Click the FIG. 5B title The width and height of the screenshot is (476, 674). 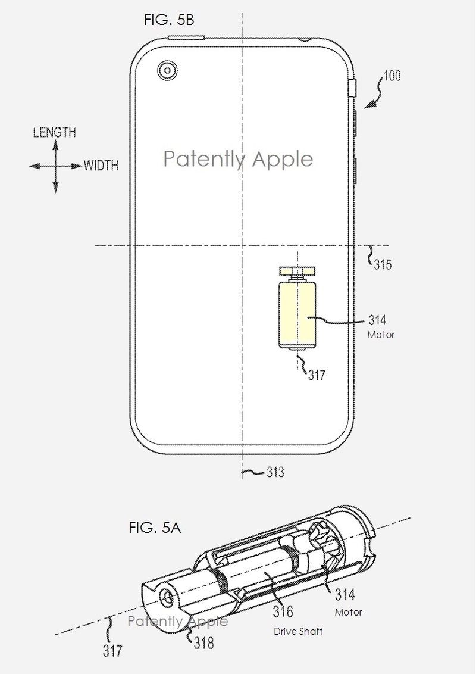(x=169, y=20)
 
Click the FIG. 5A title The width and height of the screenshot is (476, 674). (x=155, y=528)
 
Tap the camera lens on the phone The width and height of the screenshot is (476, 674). (x=167, y=70)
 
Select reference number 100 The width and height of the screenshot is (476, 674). (x=392, y=76)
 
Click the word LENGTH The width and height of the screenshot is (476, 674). (x=55, y=132)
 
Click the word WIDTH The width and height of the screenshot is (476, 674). (x=101, y=166)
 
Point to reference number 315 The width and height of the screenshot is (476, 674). (x=383, y=264)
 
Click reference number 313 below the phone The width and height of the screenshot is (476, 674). (x=275, y=472)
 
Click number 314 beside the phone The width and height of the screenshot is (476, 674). (x=377, y=320)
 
